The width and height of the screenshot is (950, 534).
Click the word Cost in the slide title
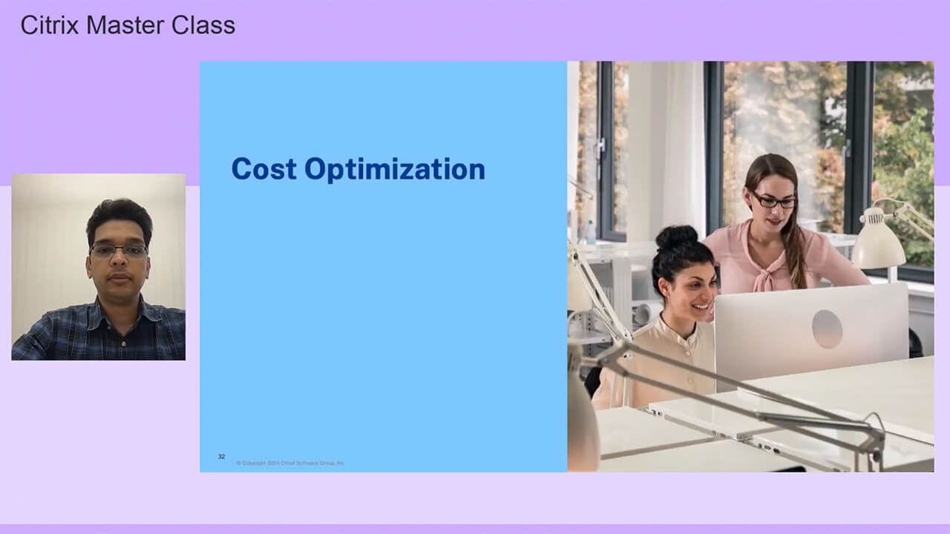point(264,169)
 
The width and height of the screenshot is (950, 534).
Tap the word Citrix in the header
point(50,25)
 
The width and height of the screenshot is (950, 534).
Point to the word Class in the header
point(203,25)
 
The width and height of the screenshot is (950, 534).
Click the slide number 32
point(221,456)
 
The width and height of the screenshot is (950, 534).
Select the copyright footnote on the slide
point(290,463)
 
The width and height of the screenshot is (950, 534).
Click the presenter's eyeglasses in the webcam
point(119,251)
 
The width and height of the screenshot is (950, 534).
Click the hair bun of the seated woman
point(675,237)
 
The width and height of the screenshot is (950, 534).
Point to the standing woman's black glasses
point(773,200)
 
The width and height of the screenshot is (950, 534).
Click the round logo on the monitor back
point(827,329)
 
